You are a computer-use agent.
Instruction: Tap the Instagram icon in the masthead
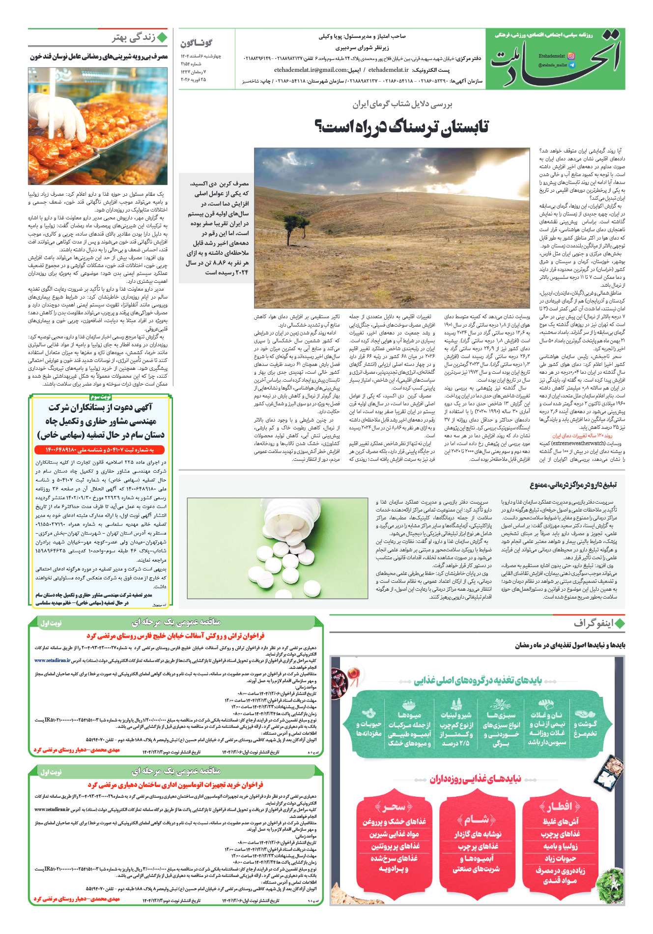[571, 56]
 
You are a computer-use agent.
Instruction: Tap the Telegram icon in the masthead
[571, 65]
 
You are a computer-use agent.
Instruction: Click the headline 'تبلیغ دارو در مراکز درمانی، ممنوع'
[573, 485]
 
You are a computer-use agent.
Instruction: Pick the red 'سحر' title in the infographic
[394, 807]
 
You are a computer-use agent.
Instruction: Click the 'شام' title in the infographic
[476, 819]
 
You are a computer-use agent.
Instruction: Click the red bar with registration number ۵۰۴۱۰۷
[100, 450]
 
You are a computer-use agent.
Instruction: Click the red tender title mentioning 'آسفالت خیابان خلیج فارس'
[176, 636]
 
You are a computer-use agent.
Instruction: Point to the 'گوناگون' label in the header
[197, 43]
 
